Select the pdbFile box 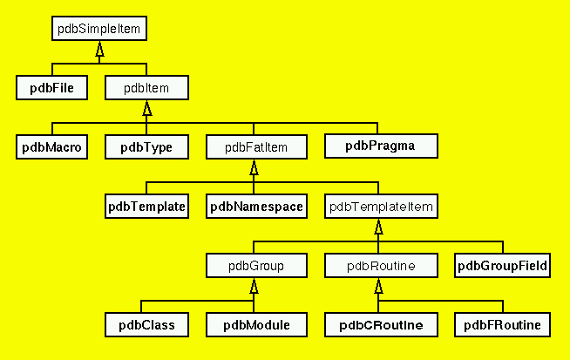click(x=51, y=87)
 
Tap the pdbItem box click(x=146, y=87)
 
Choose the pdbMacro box click(x=51, y=146)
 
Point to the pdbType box click(x=146, y=146)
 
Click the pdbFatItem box click(x=255, y=146)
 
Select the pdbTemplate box click(x=146, y=207)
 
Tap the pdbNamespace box click(x=255, y=207)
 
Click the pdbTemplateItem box click(x=380, y=207)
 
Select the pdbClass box click(x=146, y=325)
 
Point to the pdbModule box click(x=255, y=325)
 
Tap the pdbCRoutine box click(x=380, y=325)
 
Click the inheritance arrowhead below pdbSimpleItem click(x=99, y=50)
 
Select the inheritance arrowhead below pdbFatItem click(x=254, y=168)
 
